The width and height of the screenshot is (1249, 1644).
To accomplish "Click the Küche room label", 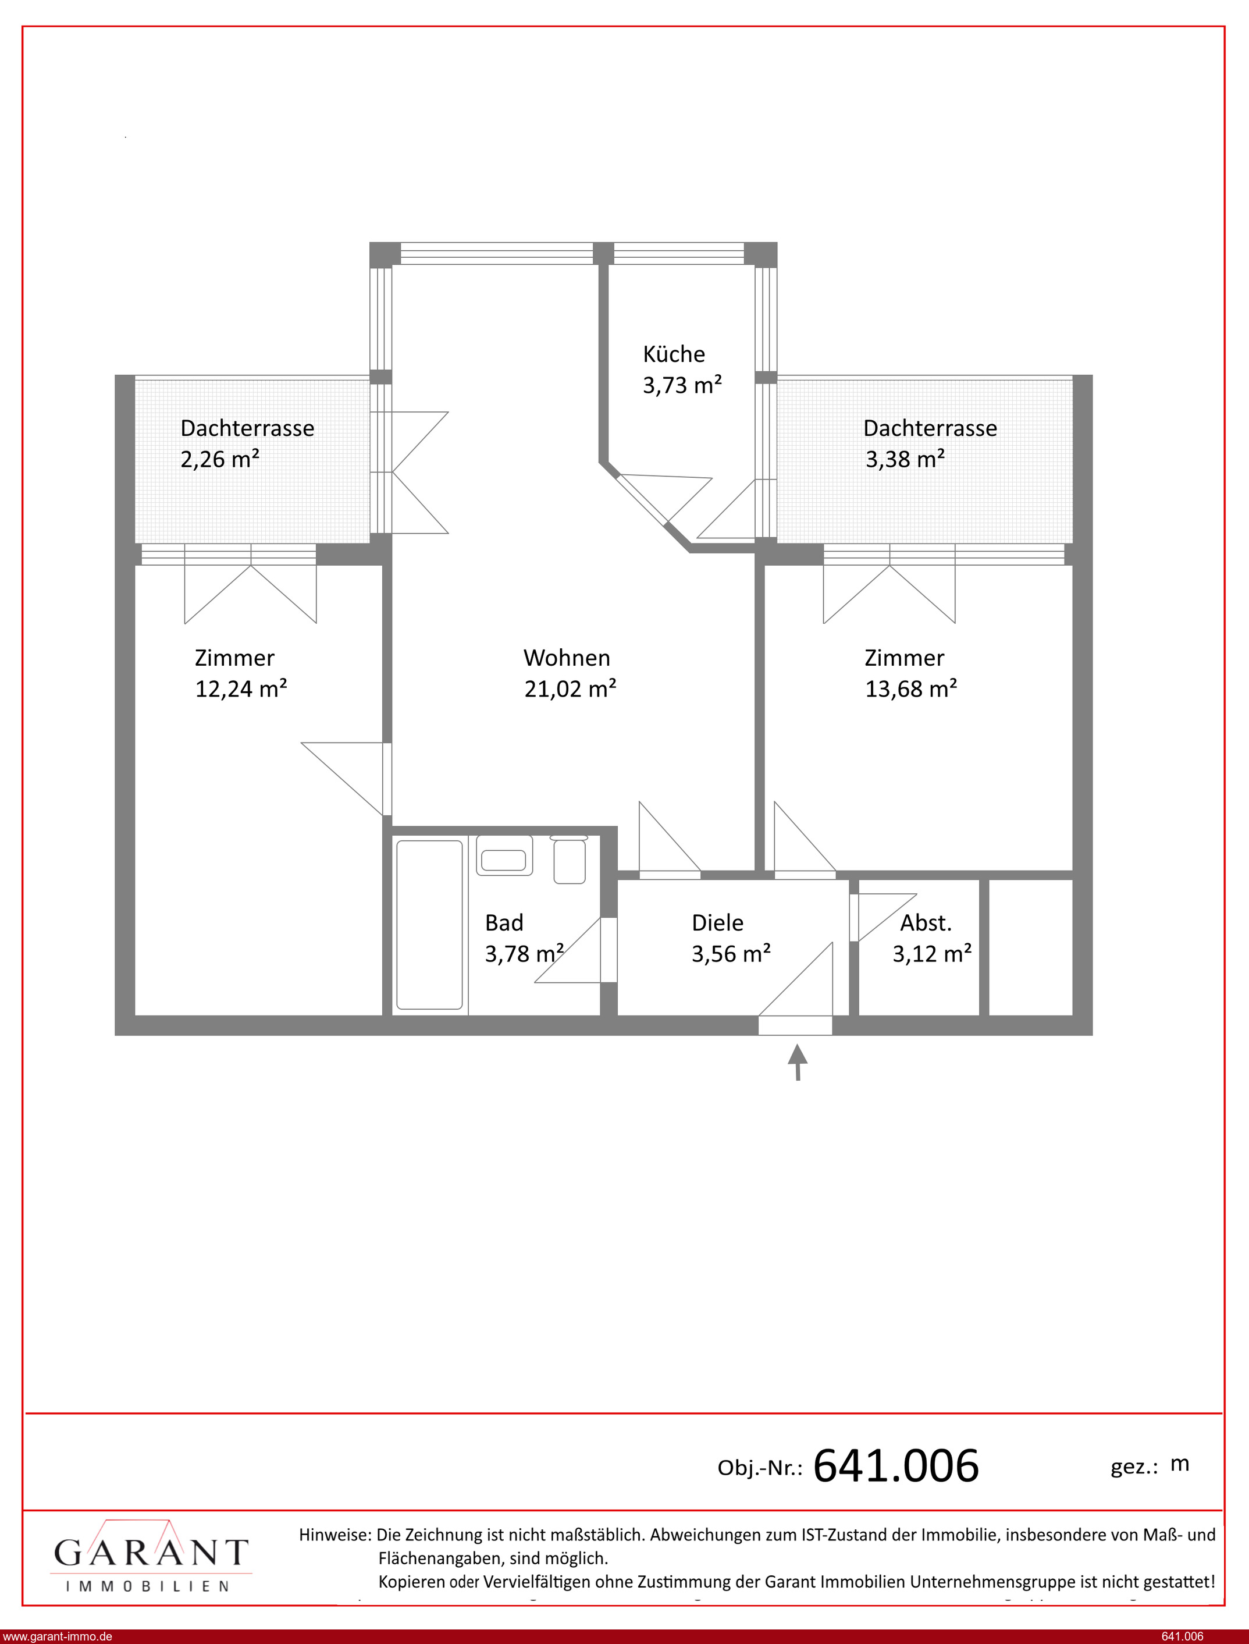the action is pyautogui.click(x=674, y=354).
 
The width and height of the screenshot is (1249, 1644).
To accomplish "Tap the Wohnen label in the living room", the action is pyautogui.click(x=567, y=658).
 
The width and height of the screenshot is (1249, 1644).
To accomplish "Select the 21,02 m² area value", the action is pyautogui.click(x=570, y=689).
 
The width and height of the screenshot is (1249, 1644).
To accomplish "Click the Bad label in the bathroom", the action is pyautogui.click(x=504, y=923).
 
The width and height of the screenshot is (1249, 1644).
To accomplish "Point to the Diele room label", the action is pyautogui.click(x=717, y=923).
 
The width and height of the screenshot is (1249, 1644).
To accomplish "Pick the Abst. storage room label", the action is pyautogui.click(x=926, y=923).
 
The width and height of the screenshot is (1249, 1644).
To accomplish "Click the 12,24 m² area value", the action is pyautogui.click(x=241, y=689).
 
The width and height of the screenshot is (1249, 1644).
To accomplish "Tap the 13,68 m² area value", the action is pyautogui.click(x=911, y=689).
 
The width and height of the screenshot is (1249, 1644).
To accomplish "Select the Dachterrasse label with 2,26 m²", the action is pyautogui.click(x=247, y=428).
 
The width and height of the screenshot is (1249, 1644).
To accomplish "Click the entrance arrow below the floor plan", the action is pyautogui.click(x=798, y=1062).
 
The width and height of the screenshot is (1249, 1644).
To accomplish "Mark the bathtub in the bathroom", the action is pyautogui.click(x=429, y=925).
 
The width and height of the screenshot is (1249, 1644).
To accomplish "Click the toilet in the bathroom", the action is pyautogui.click(x=570, y=860).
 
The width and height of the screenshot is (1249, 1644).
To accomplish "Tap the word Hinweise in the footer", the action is pyautogui.click(x=335, y=1535).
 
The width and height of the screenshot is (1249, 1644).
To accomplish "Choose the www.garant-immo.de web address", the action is pyautogui.click(x=57, y=1636).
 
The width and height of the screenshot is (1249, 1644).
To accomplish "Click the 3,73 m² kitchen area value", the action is pyautogui.click(x=682, y=385).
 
